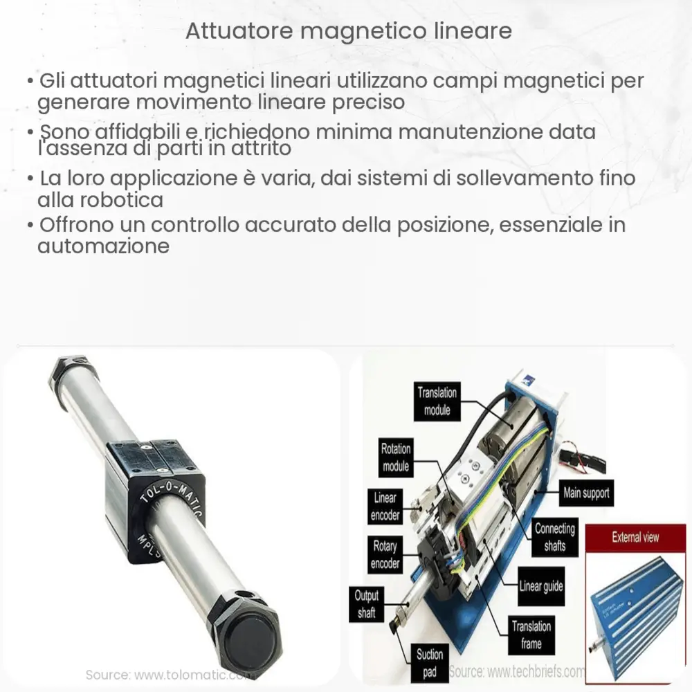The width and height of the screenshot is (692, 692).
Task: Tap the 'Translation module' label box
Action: pos(437,401)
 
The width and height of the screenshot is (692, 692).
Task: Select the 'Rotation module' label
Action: pos(396,457)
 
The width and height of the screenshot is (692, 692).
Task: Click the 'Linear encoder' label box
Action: pos(385,507)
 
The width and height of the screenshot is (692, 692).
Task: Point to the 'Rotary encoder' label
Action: pos(385,554)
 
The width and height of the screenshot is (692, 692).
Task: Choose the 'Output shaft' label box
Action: pos(367,603)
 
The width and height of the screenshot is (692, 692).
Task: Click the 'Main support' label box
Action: pos(586,494)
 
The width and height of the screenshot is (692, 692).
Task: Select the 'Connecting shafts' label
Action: pos(554,537)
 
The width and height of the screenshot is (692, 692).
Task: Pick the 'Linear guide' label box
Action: pos(541,587)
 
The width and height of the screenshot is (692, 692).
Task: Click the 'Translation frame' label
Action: pos(531,635)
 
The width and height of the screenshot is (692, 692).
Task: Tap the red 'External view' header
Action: pos(635,537)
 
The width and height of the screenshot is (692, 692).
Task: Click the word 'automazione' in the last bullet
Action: pos(104,246)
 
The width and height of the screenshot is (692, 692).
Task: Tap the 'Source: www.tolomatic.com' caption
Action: pos(166,675)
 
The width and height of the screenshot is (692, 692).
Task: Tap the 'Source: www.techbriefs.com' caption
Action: pos(516,671)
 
